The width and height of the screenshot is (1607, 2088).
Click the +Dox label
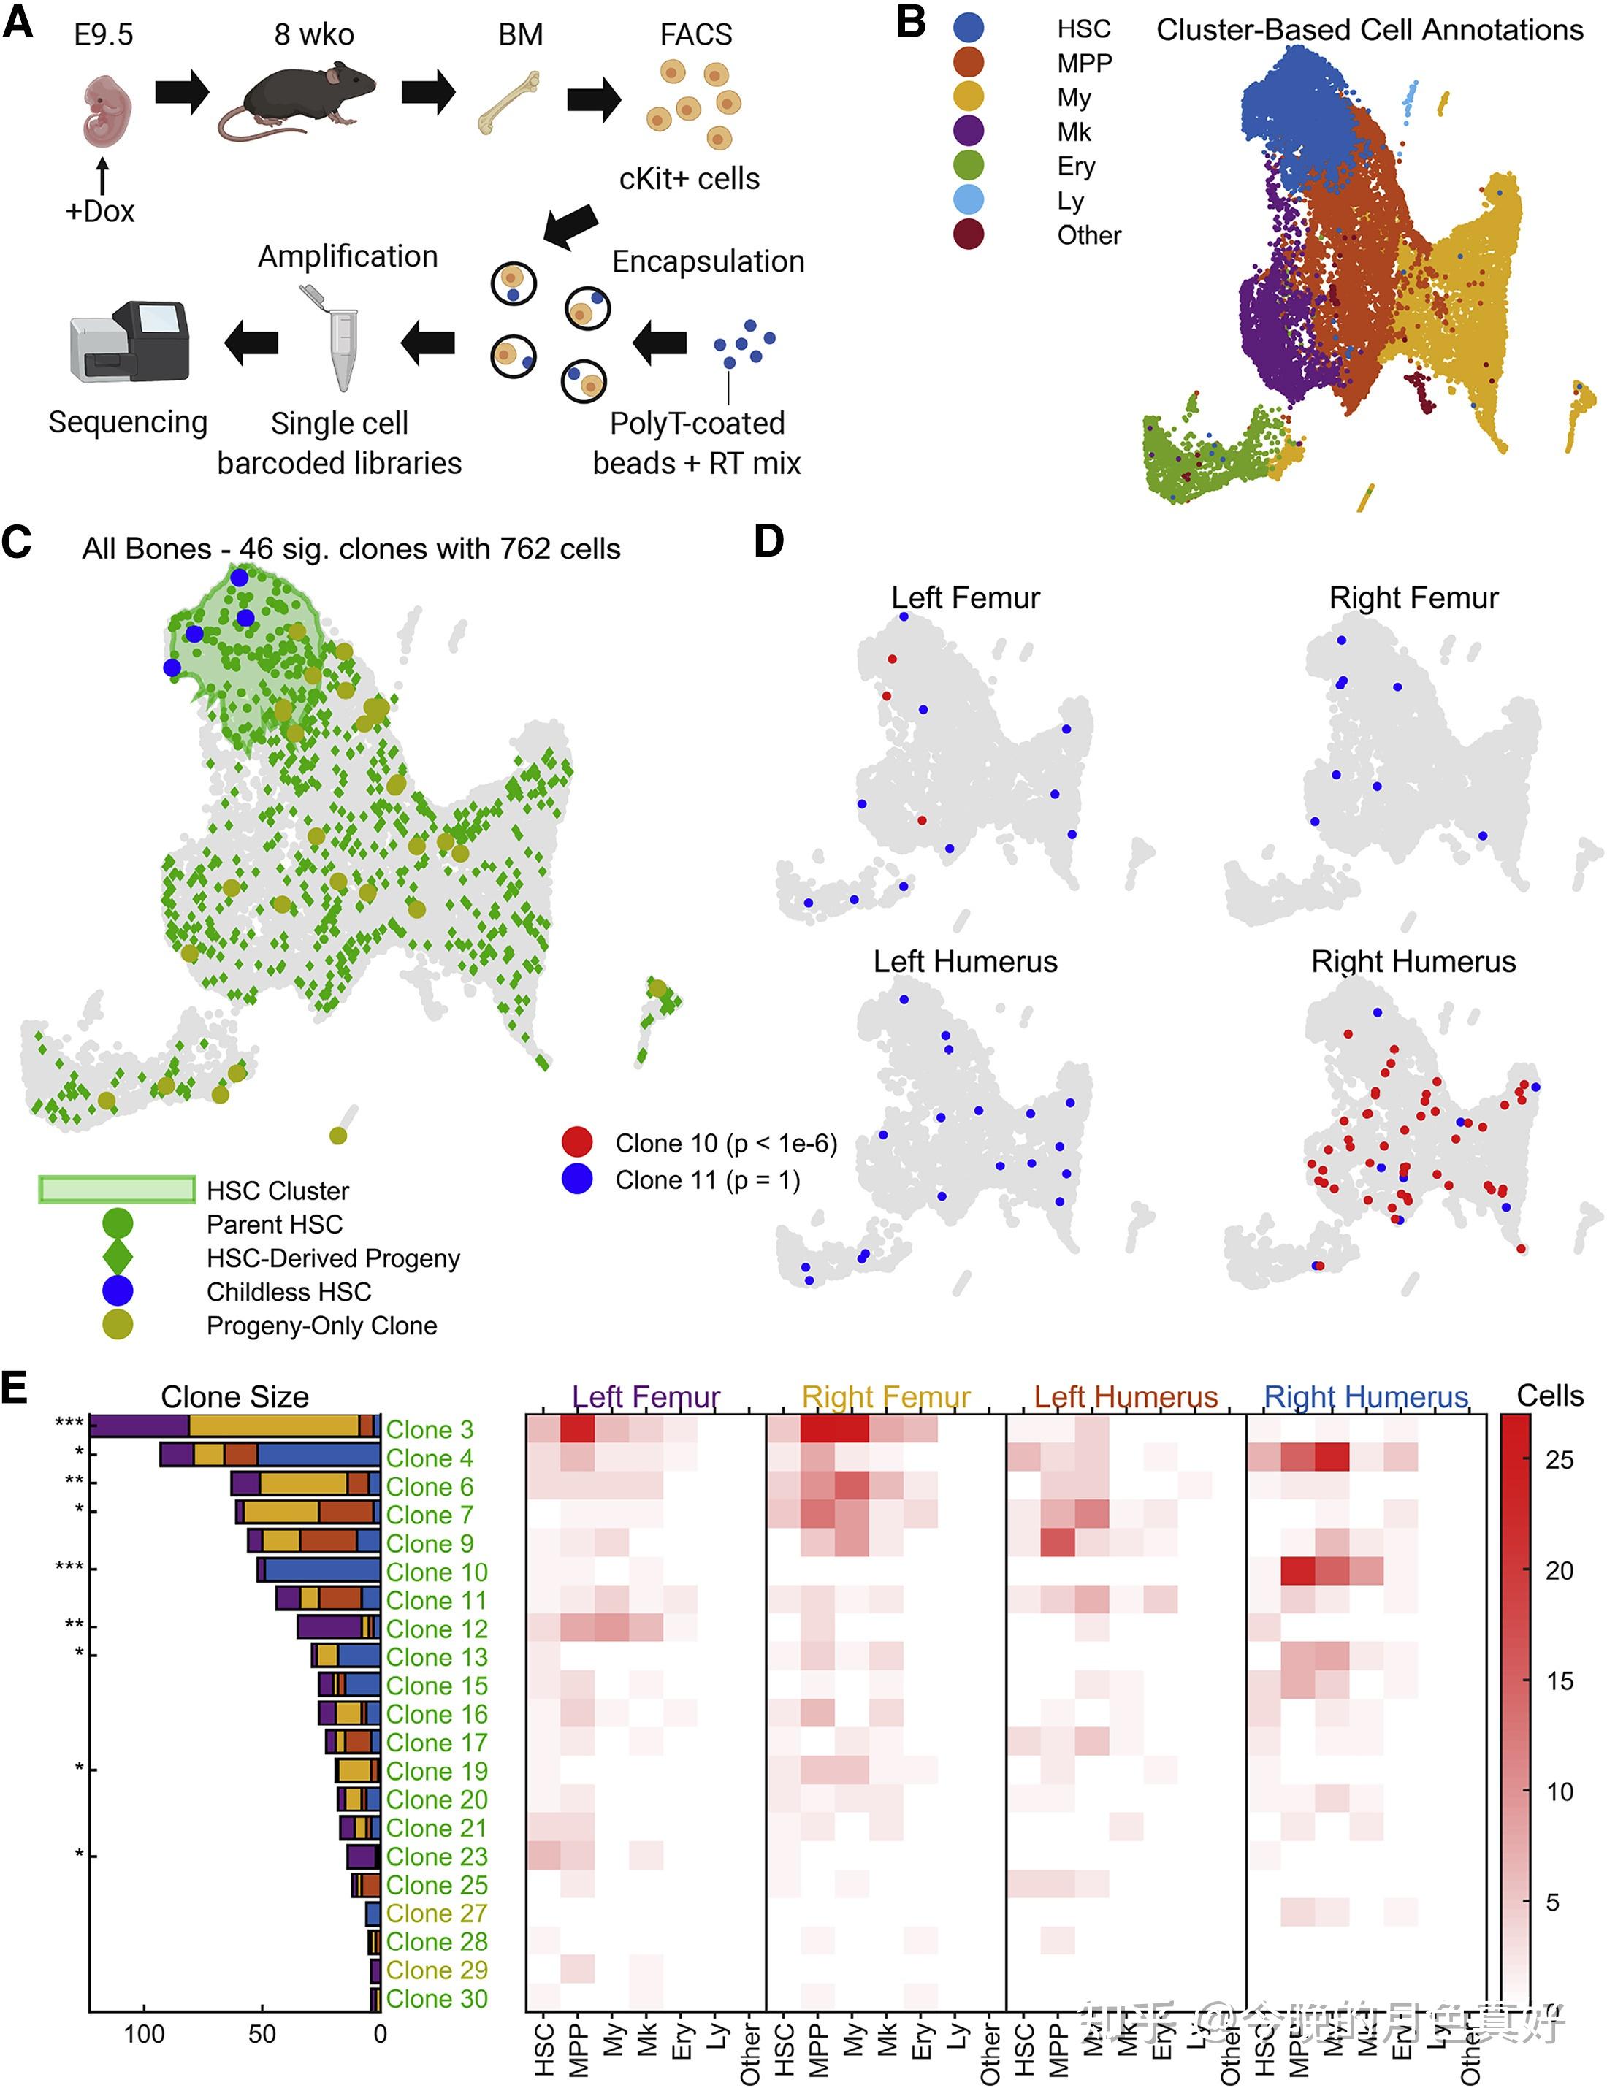(x=99, y=211)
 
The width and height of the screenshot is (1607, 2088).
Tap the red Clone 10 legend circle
(x=576, y=1141)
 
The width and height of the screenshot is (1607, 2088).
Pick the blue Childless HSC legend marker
(x=118, y=1290)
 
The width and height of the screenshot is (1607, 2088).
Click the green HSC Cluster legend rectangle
(x=118, y=1188)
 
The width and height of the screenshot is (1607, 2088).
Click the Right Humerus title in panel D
(x=1412, y=961)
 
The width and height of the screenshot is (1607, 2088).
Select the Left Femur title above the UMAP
(x=965, y=597)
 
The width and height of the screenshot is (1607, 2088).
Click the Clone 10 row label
(x=436, y=1572)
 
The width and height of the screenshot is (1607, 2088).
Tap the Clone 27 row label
(x=436, y=1913)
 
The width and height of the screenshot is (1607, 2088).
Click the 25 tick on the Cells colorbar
(x=1558, y=1460)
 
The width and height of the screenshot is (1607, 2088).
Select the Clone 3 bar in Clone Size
(x=234, y=1426)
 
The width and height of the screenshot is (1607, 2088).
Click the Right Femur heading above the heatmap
(x=885, y=1397)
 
